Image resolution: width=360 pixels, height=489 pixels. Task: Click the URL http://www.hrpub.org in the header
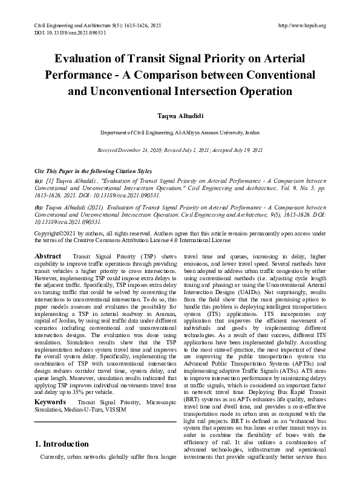pos(301,25)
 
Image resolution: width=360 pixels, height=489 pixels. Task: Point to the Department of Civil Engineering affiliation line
pos(180,131)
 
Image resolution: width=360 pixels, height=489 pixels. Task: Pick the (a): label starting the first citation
pos(39,179)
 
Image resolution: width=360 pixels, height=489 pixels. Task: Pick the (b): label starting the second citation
pos(39,206)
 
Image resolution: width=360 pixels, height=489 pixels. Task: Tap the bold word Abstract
pos(48,257)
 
